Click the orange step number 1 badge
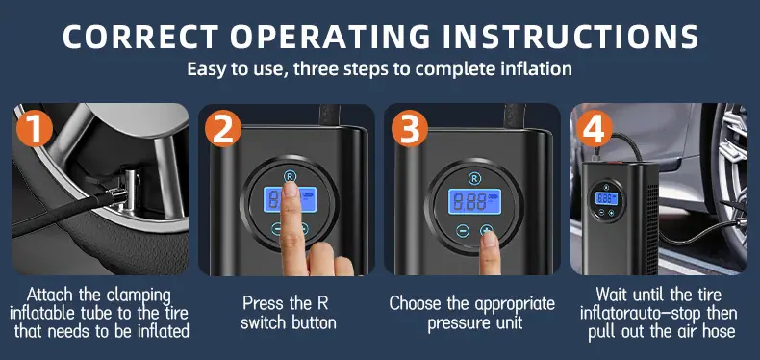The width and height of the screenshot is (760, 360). (35, 128)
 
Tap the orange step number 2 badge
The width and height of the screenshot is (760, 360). (223, 128)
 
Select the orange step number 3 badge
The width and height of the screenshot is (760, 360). (410, 128)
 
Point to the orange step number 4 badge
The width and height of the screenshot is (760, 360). (595, 128)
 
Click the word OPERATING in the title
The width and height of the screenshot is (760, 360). (330, 37)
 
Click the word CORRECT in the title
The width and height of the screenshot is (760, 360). (140, 37)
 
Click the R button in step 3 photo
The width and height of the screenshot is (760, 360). (475, 178)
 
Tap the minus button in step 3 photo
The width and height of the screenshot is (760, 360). (463, 231)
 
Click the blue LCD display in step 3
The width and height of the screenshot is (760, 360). (474, 202)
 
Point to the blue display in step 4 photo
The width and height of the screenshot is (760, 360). (606, 198)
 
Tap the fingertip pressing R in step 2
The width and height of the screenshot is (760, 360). (291, 189)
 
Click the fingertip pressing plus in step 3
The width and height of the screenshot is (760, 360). (490, 239)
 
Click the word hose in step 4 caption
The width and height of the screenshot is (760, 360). (718, 331)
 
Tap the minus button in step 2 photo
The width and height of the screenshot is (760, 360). (276, 228)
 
